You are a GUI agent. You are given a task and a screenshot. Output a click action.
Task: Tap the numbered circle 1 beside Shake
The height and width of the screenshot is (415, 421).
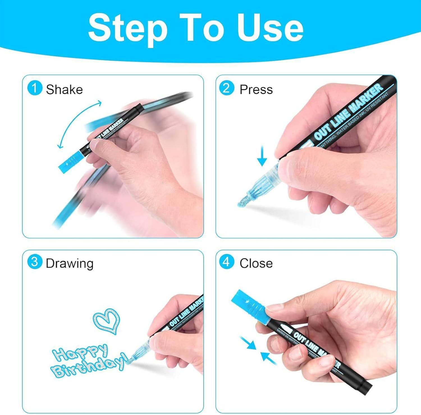point(35,88)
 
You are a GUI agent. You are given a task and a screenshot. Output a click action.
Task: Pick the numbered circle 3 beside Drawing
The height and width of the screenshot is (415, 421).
point(35,262)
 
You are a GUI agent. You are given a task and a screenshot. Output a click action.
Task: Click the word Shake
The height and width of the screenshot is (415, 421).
point(64,90)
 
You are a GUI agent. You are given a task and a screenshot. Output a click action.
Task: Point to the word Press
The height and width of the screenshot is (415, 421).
point(256,90)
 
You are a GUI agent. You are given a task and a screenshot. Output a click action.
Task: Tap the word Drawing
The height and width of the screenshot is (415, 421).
point(69,263)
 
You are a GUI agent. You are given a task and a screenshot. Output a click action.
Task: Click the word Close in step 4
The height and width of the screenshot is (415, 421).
point(256,263)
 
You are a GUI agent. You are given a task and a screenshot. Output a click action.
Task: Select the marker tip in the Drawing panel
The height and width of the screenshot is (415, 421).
point(131,360)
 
